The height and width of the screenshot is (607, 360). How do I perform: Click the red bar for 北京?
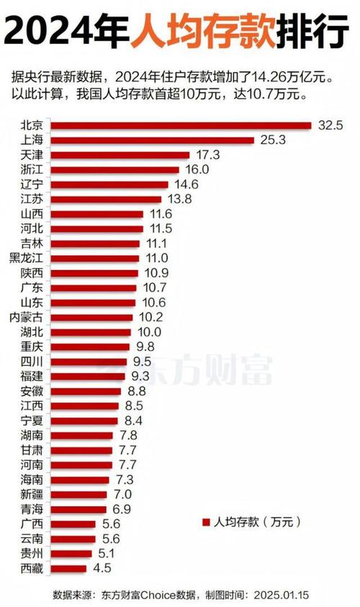click(x=180, y=125)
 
